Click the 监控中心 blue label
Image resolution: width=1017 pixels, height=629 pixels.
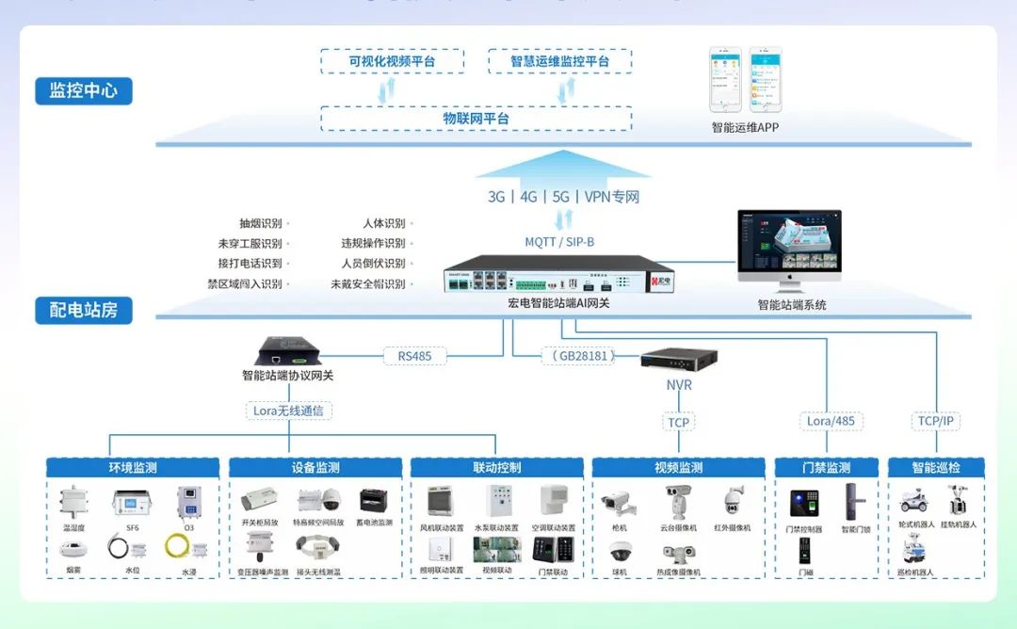[84, 91]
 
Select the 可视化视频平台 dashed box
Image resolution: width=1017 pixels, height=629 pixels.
[392, 62]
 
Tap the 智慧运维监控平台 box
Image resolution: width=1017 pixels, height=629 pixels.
[559, 62]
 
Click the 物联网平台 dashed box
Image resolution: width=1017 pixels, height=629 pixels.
[476, 119]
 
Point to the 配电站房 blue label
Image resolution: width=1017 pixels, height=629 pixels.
[84, 310]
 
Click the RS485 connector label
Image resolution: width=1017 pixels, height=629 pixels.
[414, 356]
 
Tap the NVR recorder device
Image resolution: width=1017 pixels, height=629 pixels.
[679, 359]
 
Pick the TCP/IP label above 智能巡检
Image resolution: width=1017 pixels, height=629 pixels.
[937, 421]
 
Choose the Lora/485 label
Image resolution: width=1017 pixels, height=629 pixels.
[831, 421]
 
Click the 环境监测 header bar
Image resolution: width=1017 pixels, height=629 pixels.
[133, 467]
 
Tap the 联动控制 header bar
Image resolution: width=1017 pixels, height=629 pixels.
[496, 467]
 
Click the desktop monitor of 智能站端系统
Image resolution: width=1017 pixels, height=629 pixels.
[789, 245]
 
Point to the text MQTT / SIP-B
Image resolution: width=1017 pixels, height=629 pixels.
[559, 242]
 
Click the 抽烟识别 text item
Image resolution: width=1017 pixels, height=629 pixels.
[261, 224]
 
